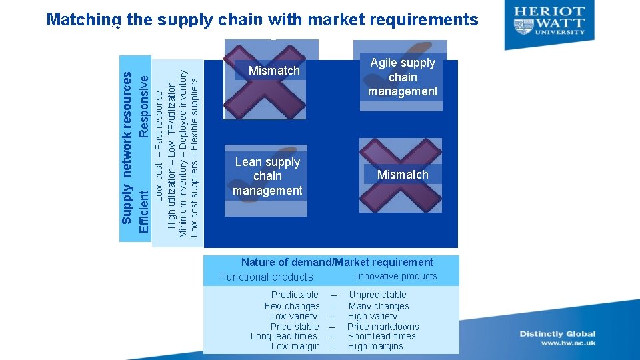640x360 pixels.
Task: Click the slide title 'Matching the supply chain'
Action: click(x=262, y=20)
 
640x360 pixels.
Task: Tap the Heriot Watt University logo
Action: click(x=550, y=21)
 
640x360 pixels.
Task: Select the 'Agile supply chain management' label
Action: click(x=403, y=77)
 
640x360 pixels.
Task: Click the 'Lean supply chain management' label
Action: click(x=267, y=177)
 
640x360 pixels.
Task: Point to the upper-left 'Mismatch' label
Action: click(x=274, y=71)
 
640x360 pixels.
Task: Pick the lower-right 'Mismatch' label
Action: click(x=403, y=175)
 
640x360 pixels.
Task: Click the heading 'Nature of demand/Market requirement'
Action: click(x=337, y=262)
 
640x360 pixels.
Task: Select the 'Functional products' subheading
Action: click(x=266, y=277)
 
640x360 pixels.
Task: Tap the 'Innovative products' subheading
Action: click(x=396, y=276)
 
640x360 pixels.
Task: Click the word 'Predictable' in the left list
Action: click(x=295, y=295)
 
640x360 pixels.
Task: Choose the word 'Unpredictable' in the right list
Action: click(x=377, y=295)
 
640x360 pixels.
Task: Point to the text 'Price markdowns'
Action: click(x=383, y=327)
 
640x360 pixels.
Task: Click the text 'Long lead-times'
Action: click(x=284, y=336)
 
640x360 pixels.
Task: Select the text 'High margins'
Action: click(x=375, y=346)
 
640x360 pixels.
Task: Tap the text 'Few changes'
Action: click(x=292, y=306)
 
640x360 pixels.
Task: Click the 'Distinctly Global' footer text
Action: click(x=558, y=334)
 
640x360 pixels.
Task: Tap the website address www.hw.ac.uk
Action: click(x=568, y=343)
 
